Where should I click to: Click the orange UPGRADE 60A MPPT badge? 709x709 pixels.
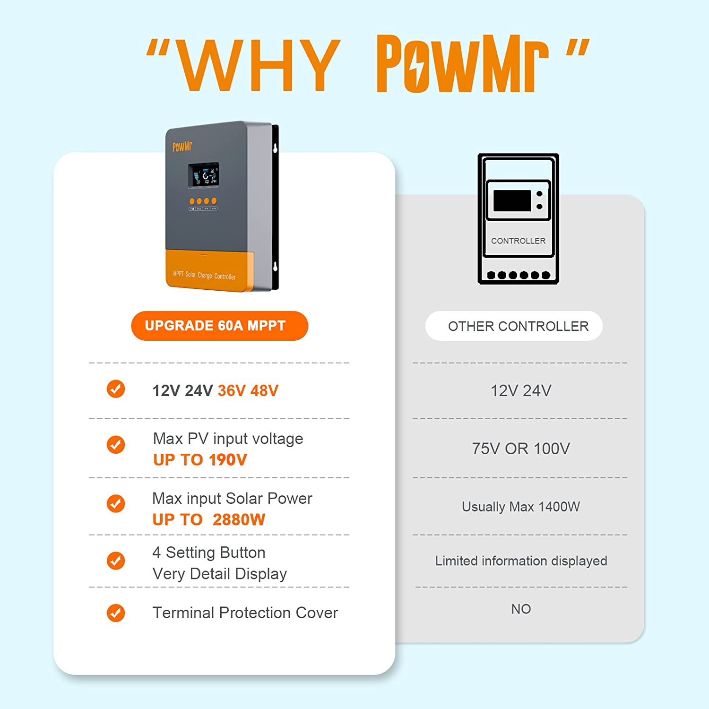219,326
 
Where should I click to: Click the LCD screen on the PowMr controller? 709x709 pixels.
203,174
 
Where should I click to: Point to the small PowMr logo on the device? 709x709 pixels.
182,147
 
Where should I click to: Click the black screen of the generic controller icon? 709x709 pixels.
512,200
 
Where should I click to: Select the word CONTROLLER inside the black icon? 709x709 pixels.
518,241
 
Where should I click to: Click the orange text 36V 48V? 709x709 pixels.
248,391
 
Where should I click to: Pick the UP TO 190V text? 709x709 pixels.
200,459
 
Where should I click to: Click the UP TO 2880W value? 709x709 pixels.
208,519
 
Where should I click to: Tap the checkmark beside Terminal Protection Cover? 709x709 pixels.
116,613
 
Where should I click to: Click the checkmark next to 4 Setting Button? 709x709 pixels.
116,561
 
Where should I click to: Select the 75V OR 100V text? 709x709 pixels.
520,449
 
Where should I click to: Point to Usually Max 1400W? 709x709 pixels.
520,507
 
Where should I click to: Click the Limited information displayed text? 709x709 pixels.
521,561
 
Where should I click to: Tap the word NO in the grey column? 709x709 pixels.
521,609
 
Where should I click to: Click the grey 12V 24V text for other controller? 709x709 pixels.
520,391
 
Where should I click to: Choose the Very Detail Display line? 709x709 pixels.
219,574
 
